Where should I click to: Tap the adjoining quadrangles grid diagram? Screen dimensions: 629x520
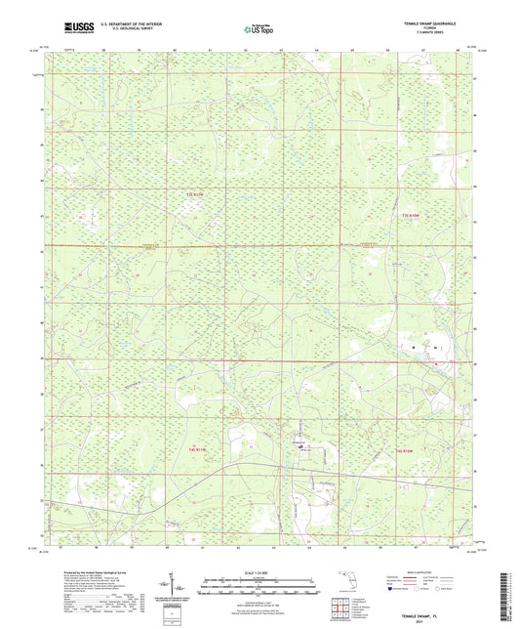pyautogui.click(x=340, y=607)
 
